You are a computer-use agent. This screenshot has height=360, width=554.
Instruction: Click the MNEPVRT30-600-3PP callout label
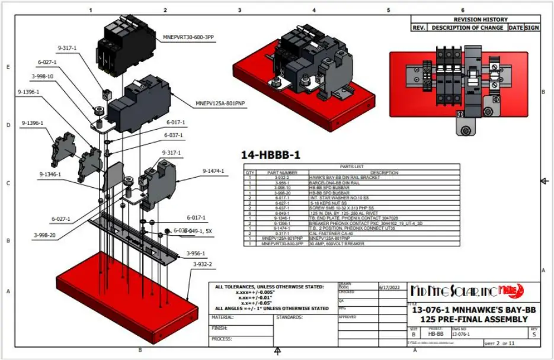pos(188,37)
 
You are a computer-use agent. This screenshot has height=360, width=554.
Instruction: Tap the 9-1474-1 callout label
pos(213,171)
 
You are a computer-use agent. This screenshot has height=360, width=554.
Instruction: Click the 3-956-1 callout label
pos(196,253)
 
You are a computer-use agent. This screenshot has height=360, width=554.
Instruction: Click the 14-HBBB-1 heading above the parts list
pos(270,155)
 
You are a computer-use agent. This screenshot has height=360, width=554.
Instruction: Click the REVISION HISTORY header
pos(476,20)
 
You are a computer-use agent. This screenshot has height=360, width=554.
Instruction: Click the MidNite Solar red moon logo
pos(511,291)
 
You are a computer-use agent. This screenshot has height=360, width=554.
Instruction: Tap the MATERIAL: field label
pos(223,317)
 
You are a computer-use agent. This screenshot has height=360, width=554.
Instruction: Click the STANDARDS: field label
pos(290,317)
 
